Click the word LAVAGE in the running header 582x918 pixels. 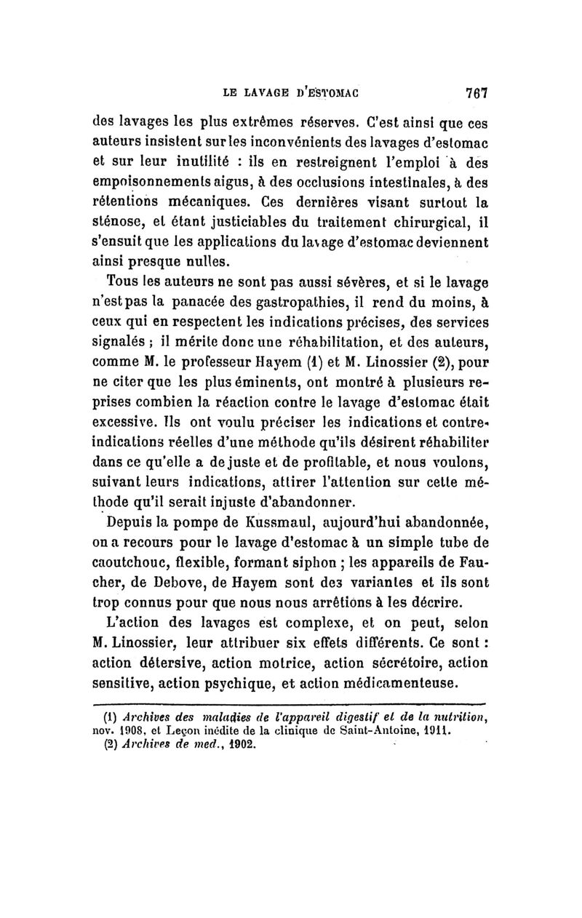[279, 92]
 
